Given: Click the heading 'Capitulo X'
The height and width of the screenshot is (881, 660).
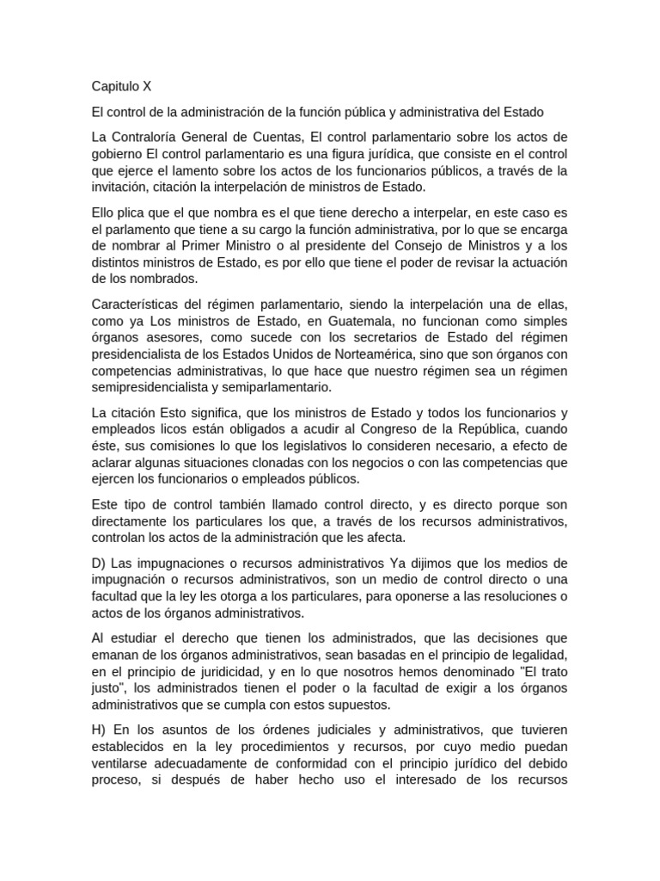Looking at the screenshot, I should click(x=121, y=86).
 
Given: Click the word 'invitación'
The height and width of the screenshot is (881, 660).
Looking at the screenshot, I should click(x=122, y=187).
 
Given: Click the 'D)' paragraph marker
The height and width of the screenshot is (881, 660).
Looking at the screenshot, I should click(x=100, y=563).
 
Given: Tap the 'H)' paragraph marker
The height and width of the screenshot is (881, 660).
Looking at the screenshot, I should click(x=100, y=730).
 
